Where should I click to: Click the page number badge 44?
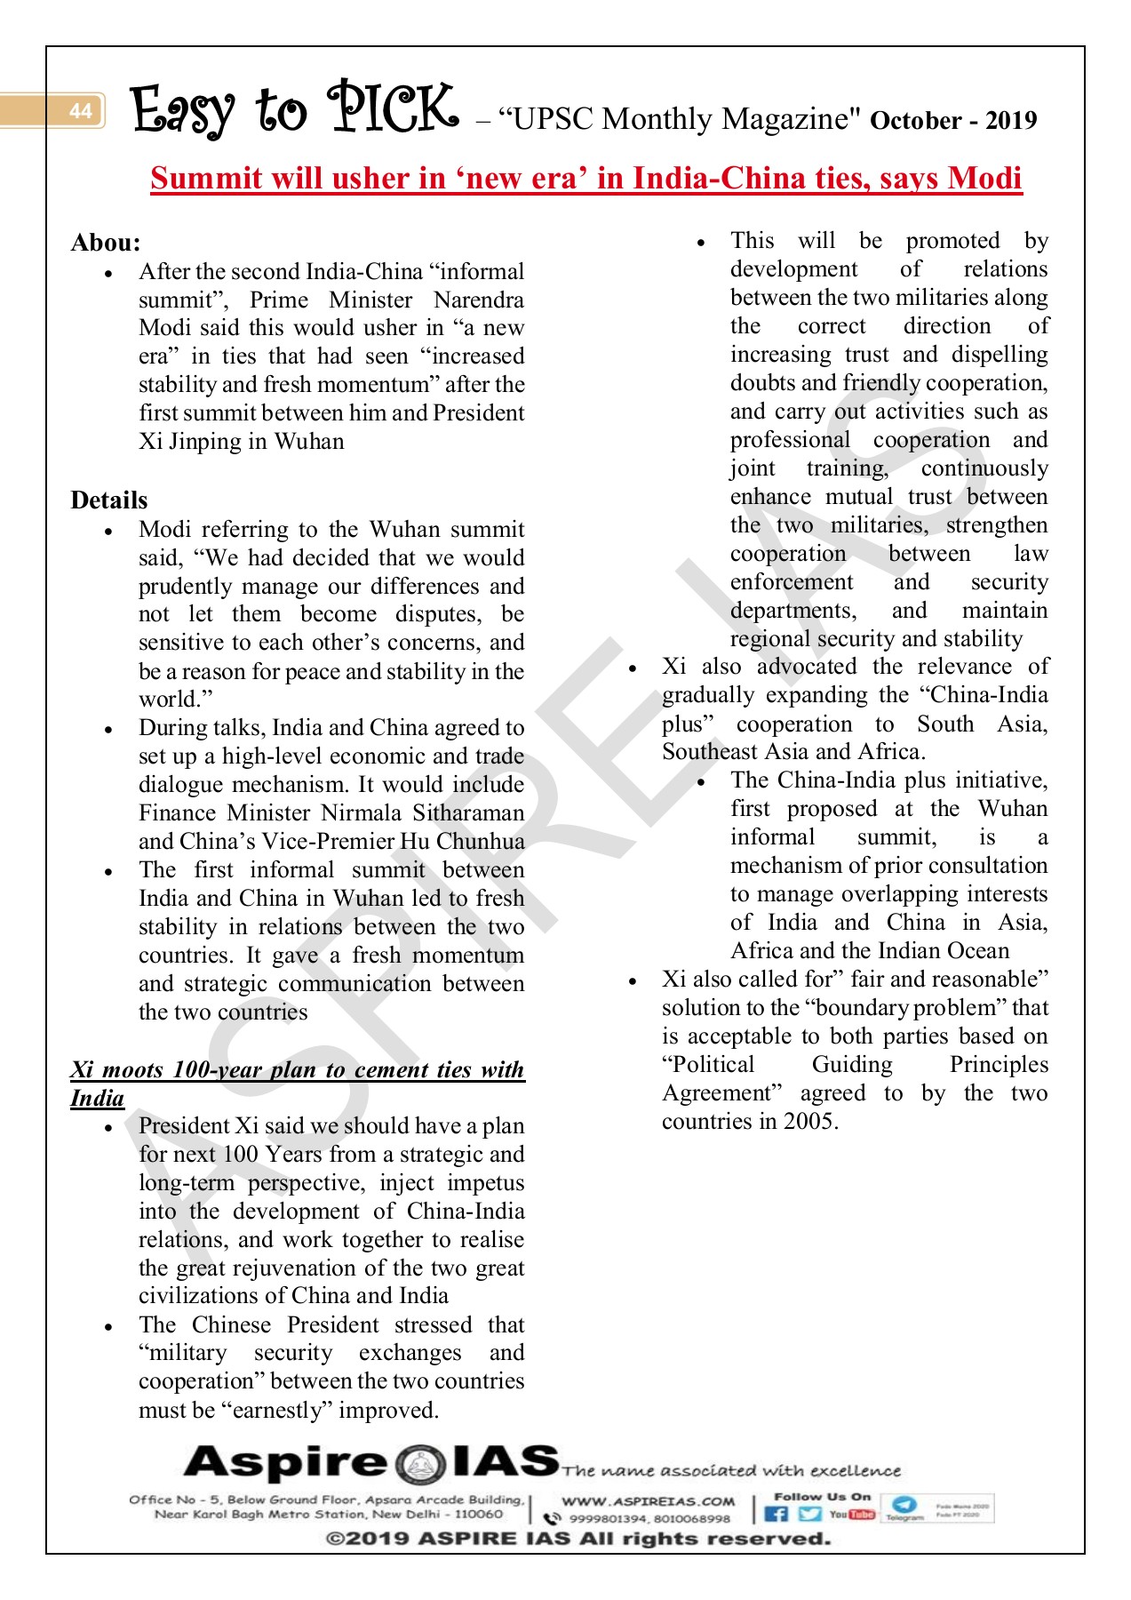click(80, 111)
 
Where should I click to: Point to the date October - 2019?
click(953, 121)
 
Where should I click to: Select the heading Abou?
click(106, 243)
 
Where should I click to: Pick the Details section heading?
click(109, 500)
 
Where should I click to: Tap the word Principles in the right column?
click(999, 1065)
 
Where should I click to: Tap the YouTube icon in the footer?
click(851, 1514)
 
